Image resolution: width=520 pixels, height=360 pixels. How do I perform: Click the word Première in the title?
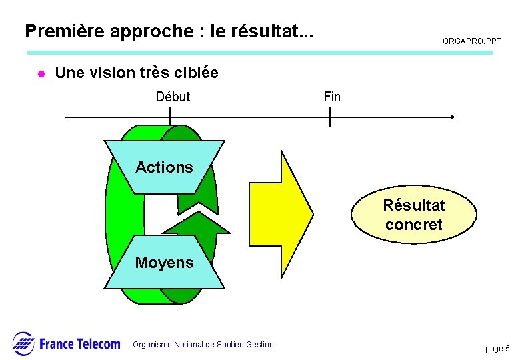click(x=55, y=31)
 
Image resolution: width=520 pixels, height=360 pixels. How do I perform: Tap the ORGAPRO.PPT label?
click(x=471, y=41)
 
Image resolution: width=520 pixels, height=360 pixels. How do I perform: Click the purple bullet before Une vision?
click(x=40, y=73)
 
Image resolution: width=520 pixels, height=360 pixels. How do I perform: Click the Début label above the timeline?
click(x=173, y=97)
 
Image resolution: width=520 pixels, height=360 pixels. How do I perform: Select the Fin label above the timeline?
click(x=332, y=97)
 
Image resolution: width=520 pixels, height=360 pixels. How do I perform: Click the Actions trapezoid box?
click(x=164, y=167)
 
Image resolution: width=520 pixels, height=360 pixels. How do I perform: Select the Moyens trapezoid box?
click(x=164, y=262)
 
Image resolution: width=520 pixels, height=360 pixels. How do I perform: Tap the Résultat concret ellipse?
click(x=414, y=214)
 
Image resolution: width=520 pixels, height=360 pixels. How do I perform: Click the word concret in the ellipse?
click(x=414, y=225)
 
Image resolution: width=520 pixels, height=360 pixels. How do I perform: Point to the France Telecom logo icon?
click(x=23, y=343)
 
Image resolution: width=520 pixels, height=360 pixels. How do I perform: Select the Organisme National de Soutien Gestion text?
click(x=203, y=345)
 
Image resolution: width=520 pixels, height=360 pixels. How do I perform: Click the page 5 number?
click(x=497, y=349)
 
